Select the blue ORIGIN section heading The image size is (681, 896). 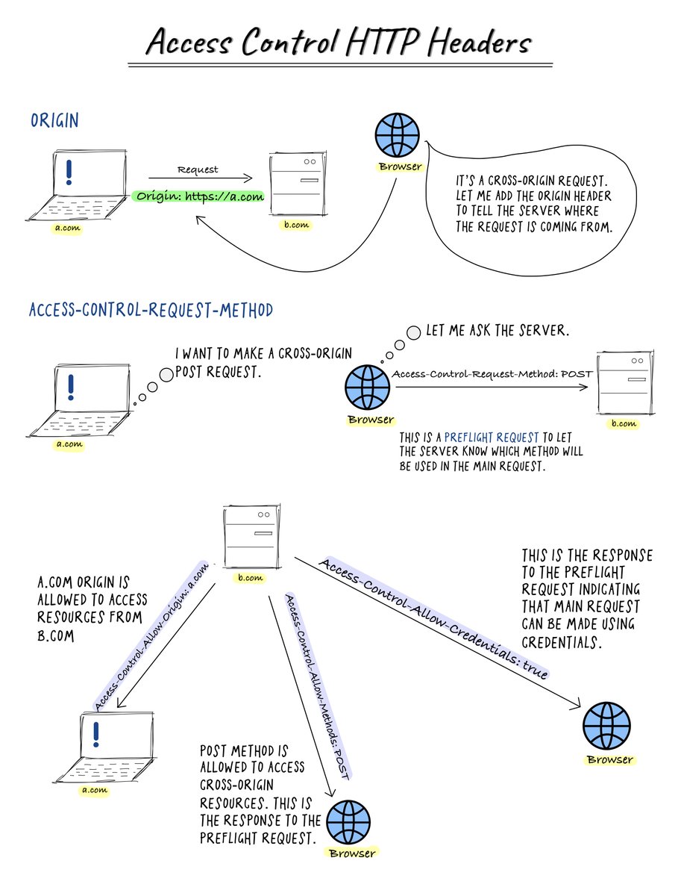[54, 120]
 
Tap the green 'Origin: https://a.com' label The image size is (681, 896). [199, 197]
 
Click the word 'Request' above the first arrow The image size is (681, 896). [198, 169]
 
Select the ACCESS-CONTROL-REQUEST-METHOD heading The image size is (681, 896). [151, 309]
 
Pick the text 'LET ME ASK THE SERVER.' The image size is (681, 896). [498, 330]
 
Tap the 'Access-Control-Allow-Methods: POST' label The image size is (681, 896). [316, 685]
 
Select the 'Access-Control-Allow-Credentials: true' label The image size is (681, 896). [435, 617]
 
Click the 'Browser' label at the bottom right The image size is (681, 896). [609, 760]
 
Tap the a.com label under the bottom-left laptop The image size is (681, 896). [95, 789]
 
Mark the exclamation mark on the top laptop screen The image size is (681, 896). [69, 172]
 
